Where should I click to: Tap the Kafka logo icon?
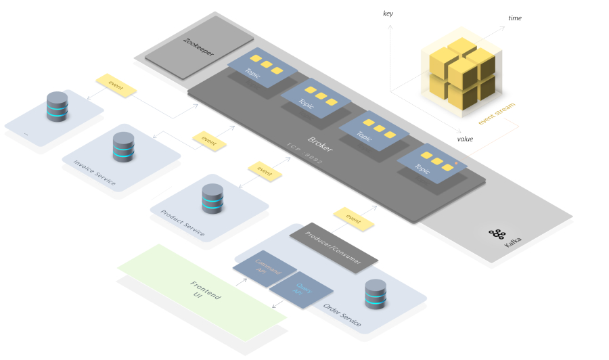pos(497,234)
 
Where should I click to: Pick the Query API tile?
pos(300,290)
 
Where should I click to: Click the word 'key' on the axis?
pos(388,14)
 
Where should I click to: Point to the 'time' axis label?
pos(515,18)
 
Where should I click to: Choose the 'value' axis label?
pos(465,139)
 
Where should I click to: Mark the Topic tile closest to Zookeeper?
pos(257,70)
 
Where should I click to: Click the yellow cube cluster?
pos(459,72)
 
